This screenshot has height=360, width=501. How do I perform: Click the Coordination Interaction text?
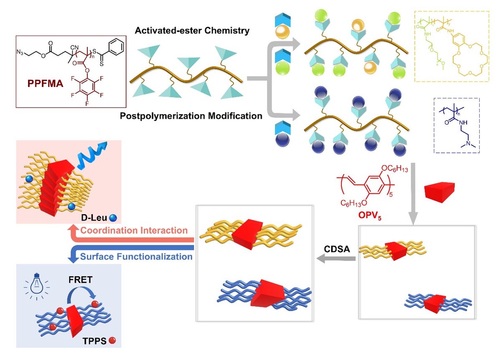coord(134,230)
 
